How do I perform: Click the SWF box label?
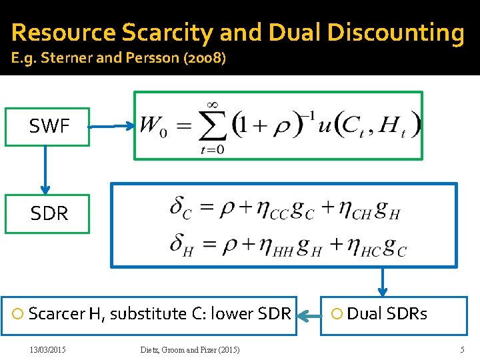point(49,126)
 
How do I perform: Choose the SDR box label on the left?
point(49,213)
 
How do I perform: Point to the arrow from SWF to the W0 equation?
point(112,125)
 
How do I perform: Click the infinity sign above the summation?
point(213,104)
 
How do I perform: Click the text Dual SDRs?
point(387,313)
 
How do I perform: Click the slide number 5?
point(462,350)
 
